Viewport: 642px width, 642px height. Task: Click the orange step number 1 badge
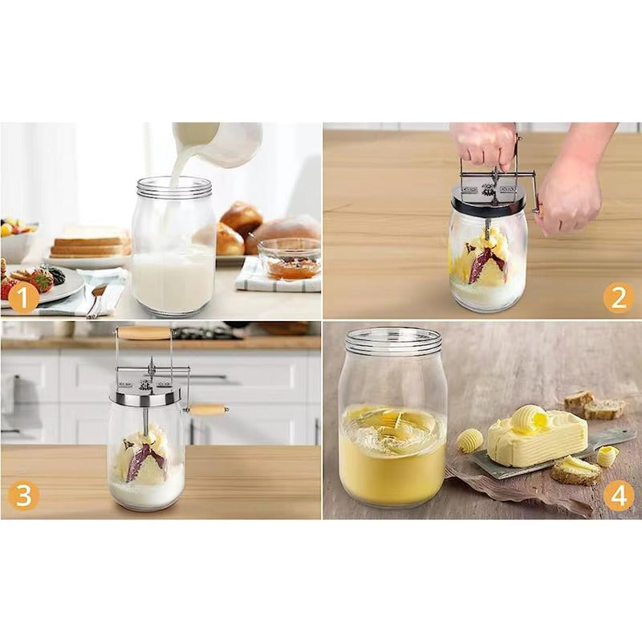coord(22,299)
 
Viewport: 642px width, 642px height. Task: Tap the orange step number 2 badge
coord(617,298)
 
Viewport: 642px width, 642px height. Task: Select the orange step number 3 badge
coord(22,496)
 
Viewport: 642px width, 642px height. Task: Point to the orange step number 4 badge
coord(617,496)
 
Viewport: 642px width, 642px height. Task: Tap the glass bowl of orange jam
coord(290,261)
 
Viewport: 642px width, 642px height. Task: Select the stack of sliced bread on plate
coord(90,242)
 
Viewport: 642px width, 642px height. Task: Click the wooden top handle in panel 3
coord(144,332)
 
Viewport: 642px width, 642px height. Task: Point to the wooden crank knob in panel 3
coord(208,410)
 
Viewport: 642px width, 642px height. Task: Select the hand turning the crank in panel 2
coord(569,193)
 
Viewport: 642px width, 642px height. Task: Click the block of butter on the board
coord(537,441)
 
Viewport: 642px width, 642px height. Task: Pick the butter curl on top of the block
coord(529,417)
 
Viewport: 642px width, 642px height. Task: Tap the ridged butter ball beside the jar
coord(469,440)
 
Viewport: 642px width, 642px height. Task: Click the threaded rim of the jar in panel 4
coord(393,341)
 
